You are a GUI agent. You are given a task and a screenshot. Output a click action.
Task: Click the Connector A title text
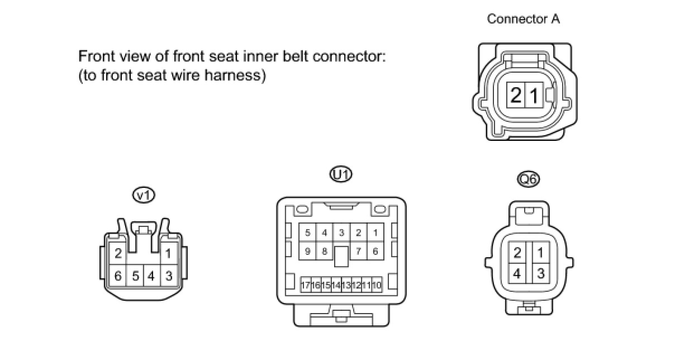(524, 19)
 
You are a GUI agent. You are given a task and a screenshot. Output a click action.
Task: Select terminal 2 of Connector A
(516, 94)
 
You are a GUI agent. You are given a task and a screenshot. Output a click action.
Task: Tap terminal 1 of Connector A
(534, 94)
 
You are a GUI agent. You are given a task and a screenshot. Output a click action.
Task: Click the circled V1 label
(144, 196)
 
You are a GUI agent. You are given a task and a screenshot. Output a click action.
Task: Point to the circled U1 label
(341, 174)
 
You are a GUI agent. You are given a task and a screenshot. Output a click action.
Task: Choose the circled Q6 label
(528, 179)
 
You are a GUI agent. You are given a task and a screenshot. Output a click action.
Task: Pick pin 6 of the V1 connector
(118, 275)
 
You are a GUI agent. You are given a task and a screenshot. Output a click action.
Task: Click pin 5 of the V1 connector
(135, 275)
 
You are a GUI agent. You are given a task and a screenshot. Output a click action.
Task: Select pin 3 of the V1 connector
(169, 275)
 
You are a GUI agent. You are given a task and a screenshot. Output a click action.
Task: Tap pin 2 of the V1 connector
(118, 253)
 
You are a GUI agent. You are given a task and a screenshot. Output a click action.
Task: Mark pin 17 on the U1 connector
(306, 285)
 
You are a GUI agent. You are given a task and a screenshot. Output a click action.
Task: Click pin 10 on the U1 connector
(377, 285)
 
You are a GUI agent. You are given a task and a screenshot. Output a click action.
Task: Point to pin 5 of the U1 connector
(307, 233)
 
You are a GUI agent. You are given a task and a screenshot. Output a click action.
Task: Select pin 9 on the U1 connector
(307, 251)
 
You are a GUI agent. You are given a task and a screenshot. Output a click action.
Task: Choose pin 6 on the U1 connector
(375, 251)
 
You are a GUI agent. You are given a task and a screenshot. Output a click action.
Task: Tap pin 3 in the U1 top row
(341, 233)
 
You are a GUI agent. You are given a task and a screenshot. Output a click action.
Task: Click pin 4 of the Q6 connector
(517, 273)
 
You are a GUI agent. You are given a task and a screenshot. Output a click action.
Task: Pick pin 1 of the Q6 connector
(540, 252)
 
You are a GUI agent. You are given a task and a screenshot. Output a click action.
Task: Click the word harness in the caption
(235, 75)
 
